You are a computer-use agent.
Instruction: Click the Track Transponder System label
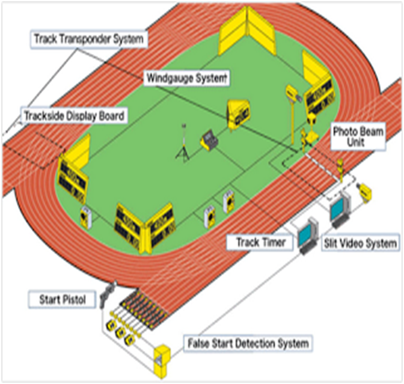pyautogui.click(x=88, y=40)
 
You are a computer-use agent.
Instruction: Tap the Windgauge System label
pyautogui.click(x=186, y=78)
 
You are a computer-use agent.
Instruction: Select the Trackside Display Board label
pyautogui.click(x=73, y=115)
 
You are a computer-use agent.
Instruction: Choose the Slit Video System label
pyautogui.click(x=361, y=243)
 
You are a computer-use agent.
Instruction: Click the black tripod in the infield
pyautogui.click(x=182, y=145)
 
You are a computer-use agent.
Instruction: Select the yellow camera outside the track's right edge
pyautogui.click(x=364, y=192)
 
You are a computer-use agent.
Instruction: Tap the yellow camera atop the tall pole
pyautogui.click(x=293, y=92)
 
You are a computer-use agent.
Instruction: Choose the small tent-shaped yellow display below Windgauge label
pyautogui.click(x=237, y=115)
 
